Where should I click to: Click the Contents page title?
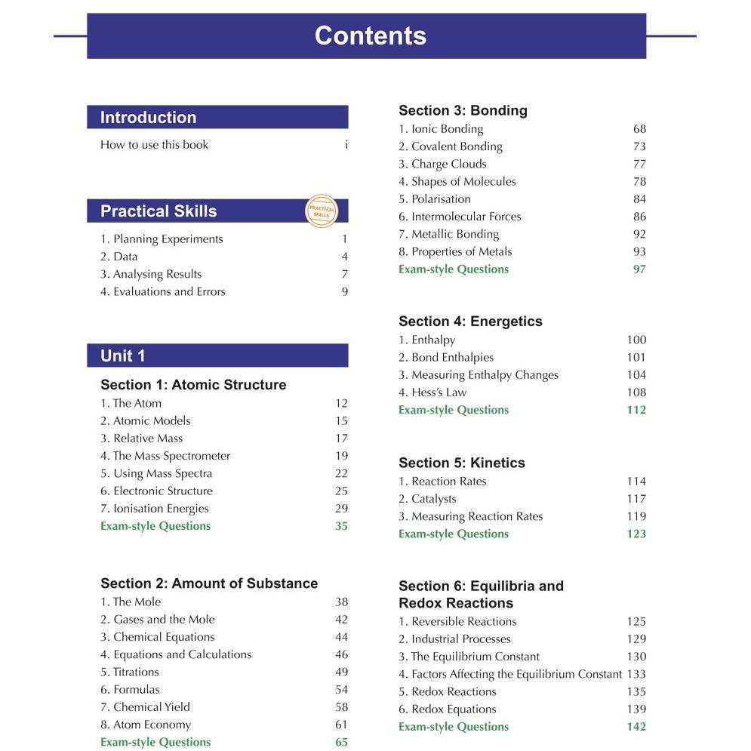pos(370,35)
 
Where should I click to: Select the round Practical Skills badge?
pos(322,211)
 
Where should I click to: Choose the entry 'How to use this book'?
pos(155,145)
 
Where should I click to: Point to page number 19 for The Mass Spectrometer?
pos(341,456)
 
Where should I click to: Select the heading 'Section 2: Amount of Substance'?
pos(209,583)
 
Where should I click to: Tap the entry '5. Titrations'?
pos(130,672)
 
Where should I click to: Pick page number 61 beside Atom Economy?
pos(341,725)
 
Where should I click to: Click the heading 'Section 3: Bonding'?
pos(463,111)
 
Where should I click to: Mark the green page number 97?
pos(639,269)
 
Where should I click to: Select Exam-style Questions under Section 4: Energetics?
pos(454,410)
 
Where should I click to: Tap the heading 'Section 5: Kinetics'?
pos(462,463)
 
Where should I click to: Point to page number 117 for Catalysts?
pos(636,499)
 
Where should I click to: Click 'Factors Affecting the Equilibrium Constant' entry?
pos(510,674)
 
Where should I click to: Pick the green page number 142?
pos(636,727)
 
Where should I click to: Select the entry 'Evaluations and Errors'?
pos(163,292)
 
